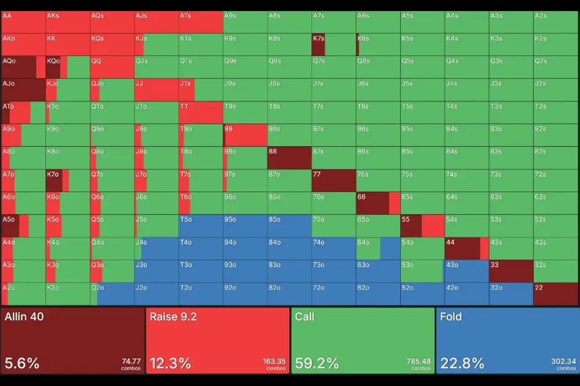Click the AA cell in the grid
point(24,22)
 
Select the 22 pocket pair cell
point(555,294)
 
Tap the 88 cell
point(289,158)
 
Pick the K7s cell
point(333,45)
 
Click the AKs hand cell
point(68,22)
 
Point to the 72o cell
point(333,294)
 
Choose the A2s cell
point(555,22)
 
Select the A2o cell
point(24,294)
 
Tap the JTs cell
point(201,90)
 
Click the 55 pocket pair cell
point(422,226)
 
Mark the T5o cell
point(201,226)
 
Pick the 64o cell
point(378,249)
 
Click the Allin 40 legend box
point(72,341)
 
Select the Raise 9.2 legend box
point(217,341)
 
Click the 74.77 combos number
point(130,361)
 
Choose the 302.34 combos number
point(564,361)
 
